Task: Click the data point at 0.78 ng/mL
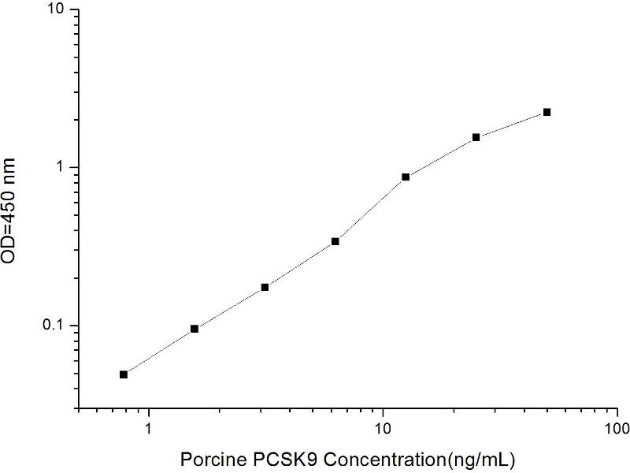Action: point(124,374)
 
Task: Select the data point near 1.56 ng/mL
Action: point(195,329)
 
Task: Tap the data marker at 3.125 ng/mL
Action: point(265,287)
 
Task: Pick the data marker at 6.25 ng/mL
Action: point(335,241)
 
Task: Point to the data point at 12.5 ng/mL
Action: point(406,177)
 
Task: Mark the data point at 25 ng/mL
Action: point(476,137)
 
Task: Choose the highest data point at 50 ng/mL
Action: point(547,112)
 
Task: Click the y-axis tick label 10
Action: point(60,9)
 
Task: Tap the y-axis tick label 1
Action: point(65,168)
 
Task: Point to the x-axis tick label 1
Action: point(148,429)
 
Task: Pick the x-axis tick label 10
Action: point(383,429)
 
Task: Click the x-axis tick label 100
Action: point(617,429)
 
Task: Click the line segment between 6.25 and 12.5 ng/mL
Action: point(370,210)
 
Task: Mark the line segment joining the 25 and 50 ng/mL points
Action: point(512,125)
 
